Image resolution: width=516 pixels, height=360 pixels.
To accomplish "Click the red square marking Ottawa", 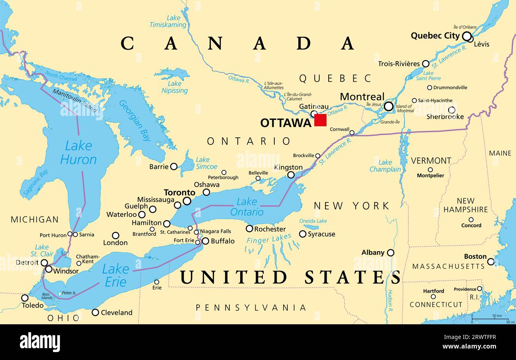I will pos(320,120).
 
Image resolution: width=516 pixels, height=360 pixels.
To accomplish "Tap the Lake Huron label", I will pos(78,153).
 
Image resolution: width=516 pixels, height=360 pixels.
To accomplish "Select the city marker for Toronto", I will pos(187,201).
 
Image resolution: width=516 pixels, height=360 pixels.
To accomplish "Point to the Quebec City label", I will pos(435,36).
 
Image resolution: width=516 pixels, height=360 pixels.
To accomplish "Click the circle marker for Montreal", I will pos(389,106).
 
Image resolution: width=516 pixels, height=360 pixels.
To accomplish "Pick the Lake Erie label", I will pos(115,275).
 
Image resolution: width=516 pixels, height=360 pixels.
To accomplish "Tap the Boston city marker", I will pos(491,262).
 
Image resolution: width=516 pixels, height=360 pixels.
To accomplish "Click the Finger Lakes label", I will pos(269,239).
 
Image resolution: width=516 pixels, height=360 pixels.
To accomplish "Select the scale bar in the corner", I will pos(490,318).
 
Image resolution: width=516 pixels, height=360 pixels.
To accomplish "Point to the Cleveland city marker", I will pos(95,312).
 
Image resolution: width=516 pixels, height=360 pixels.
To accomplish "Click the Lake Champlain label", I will pos(385,166).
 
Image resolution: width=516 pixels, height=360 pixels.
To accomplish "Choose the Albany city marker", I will pos(391,252).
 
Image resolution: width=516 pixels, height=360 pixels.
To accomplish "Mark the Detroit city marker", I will pos(44,262).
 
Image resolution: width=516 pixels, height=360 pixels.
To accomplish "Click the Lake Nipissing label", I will pos(175,87).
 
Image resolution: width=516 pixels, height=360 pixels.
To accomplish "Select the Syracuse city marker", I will pos(302,234).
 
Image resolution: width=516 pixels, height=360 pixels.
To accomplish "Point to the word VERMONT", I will pos(431,161).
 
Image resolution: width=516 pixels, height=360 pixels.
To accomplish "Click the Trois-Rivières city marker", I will pos(426,64).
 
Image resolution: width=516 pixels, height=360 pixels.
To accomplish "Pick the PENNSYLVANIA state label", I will pos(251,308).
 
